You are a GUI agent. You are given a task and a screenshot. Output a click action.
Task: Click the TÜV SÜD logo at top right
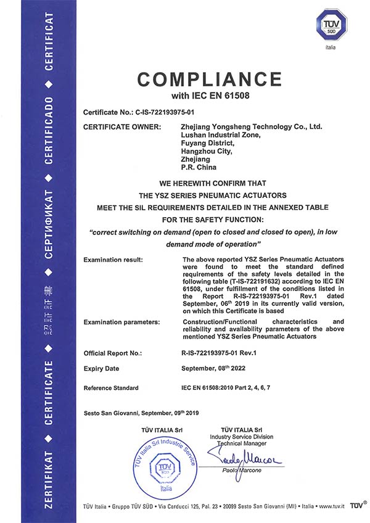(x=332, y=25)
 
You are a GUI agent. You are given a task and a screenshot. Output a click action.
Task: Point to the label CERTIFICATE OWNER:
(x=121, y=127)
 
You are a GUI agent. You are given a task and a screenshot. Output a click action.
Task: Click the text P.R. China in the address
(x=199, y=167)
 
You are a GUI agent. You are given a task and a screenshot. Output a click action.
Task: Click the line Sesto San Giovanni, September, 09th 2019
(x=141, y=413)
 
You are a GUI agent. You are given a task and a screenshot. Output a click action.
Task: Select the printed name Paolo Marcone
(x=241, y=471)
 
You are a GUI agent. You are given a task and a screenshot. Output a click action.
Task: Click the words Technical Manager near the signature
(x=240, y=443)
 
